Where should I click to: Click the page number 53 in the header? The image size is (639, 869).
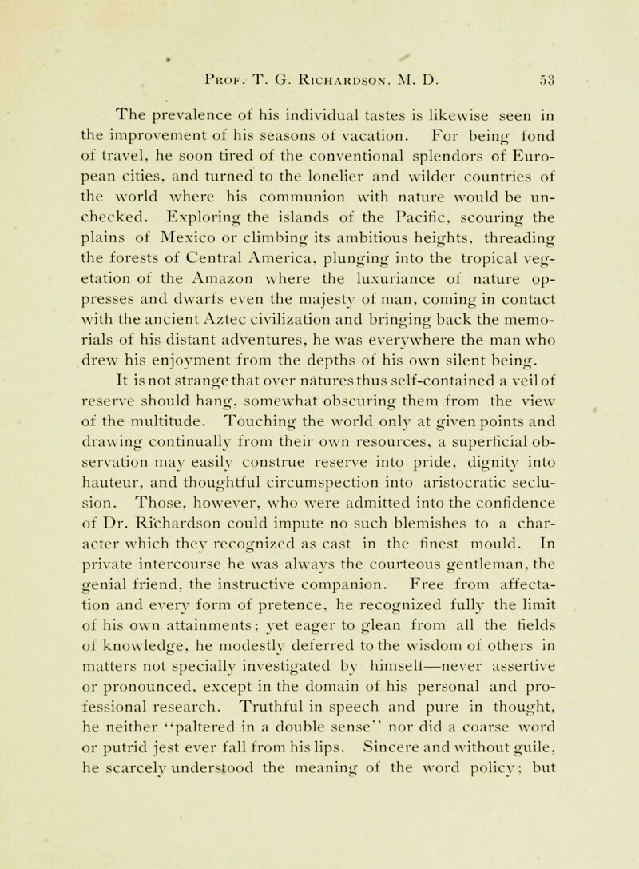click(553, 57)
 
